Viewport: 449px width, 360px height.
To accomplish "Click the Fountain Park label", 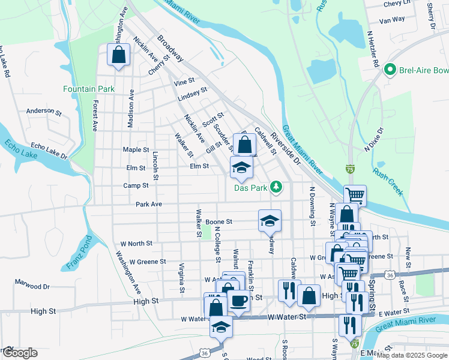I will [88, 89].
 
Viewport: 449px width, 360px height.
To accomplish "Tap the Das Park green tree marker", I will [276, 187].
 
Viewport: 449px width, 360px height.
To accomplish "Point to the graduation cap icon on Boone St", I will [270, 220].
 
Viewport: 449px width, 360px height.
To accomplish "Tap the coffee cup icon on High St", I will [238, 301].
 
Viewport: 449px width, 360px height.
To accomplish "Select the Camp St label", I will [136, 186].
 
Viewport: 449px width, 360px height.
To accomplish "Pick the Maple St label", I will [136, 149].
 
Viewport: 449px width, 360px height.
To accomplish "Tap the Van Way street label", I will [393, 19].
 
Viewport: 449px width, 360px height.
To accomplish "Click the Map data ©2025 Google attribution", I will [412, 355].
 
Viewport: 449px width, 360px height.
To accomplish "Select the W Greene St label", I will [143, 262].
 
